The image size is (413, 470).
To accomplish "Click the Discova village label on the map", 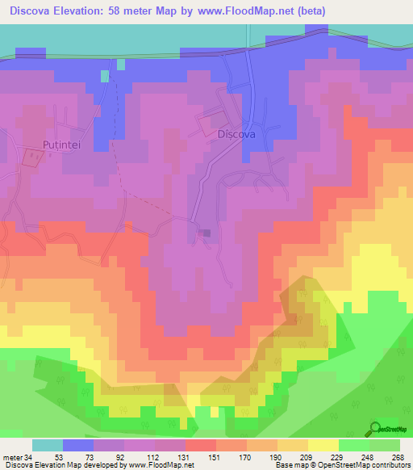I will tap(236, 135).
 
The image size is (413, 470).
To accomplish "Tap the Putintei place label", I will tap(60, 146).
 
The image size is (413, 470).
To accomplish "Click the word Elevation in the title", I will tap(91, 11).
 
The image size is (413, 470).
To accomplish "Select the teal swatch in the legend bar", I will tap(48, 445).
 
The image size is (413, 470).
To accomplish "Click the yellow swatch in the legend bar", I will tap(323, 445).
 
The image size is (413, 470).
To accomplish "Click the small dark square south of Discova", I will tap(205, 233).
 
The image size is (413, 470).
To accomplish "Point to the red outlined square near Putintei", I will tap(31, 157).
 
